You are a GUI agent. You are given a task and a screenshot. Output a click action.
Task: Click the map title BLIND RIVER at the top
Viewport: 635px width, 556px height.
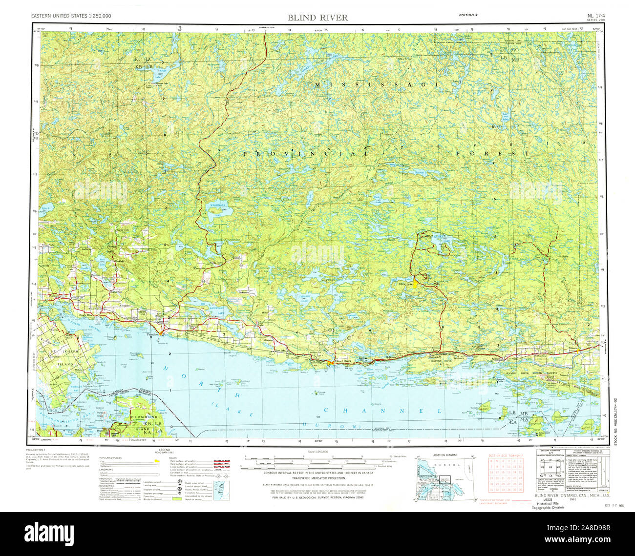click(317, 18)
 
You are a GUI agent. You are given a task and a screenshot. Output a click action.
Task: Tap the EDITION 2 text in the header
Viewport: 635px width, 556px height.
click(468, 15)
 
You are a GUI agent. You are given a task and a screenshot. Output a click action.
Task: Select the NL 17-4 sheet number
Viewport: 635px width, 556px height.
click(596, 16)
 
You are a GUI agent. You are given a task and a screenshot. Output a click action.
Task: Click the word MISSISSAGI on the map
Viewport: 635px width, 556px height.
click(376, 84)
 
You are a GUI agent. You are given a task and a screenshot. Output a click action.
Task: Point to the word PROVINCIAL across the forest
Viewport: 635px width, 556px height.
click(306, 153)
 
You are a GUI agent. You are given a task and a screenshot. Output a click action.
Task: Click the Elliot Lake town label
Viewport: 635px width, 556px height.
click(405, 284)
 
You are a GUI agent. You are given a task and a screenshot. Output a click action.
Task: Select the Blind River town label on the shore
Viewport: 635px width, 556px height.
click(343, 361)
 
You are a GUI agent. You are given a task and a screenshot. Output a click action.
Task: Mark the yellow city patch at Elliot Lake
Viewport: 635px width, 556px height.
click(416, 284)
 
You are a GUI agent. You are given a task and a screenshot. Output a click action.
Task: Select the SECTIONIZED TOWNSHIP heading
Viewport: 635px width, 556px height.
click(506, 455)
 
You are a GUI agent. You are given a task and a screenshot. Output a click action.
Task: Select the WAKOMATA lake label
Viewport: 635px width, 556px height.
click(215, 206)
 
